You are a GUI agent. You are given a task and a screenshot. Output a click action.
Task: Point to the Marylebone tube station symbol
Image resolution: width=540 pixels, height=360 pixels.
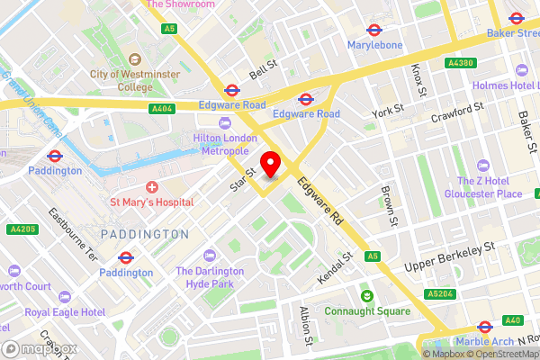click(373, 27)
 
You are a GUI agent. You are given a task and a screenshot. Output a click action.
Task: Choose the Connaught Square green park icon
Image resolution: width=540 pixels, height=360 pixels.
click(367, 295)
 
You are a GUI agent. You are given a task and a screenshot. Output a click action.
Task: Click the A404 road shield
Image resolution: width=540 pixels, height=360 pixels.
click(161, 108)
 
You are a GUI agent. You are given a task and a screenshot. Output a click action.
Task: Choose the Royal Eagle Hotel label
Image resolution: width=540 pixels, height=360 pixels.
click(65, 312)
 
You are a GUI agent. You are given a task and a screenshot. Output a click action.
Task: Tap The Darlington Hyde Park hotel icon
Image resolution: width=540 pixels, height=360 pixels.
click(210, 256)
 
